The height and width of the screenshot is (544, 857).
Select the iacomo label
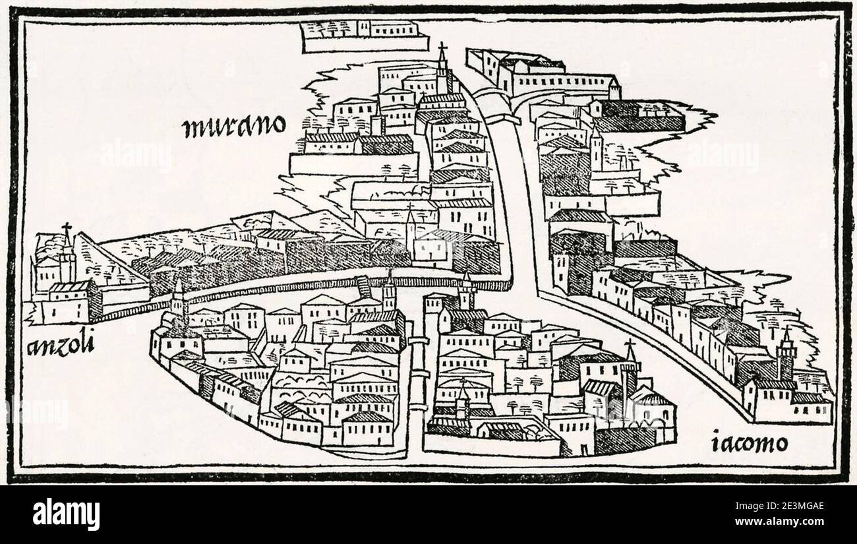(750, 442)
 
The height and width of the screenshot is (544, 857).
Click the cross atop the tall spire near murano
(442, 48)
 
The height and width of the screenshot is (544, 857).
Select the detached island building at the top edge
(360, 35)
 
